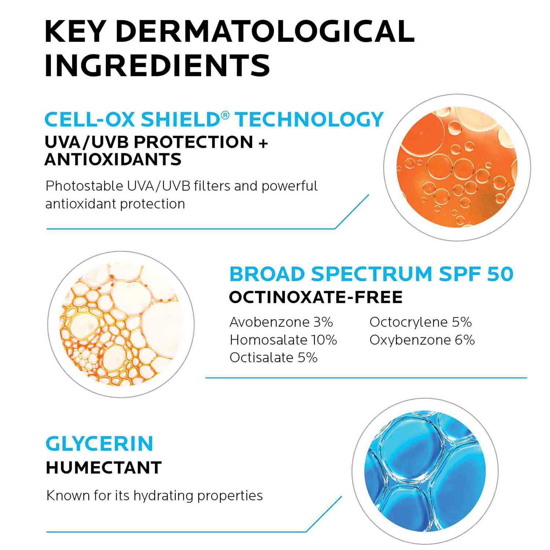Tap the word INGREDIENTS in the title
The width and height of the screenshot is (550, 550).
pos(157,65)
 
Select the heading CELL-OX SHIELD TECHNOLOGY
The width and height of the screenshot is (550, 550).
pos(214,120)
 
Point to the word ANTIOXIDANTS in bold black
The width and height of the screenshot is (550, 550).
pos(113,159)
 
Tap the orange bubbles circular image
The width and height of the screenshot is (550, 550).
pos(457,167)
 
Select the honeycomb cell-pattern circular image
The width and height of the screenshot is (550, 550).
pos(121,324)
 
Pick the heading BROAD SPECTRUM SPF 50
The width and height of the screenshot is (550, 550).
pos(371,274)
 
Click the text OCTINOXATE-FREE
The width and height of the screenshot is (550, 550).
pos(316,297)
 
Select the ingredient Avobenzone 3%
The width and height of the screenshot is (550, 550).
pos(281,322)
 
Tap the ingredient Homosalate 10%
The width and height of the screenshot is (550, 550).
pos(283,340)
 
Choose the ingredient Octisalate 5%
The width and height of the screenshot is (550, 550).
pos(274,357)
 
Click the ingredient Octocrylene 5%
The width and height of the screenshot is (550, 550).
pos(421,322)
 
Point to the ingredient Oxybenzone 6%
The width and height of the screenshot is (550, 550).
pos(422,340)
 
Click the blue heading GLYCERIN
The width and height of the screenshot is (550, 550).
pos(99,444)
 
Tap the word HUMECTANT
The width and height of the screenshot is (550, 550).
pos(104,467)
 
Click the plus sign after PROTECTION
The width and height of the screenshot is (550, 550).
pos(263,142)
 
